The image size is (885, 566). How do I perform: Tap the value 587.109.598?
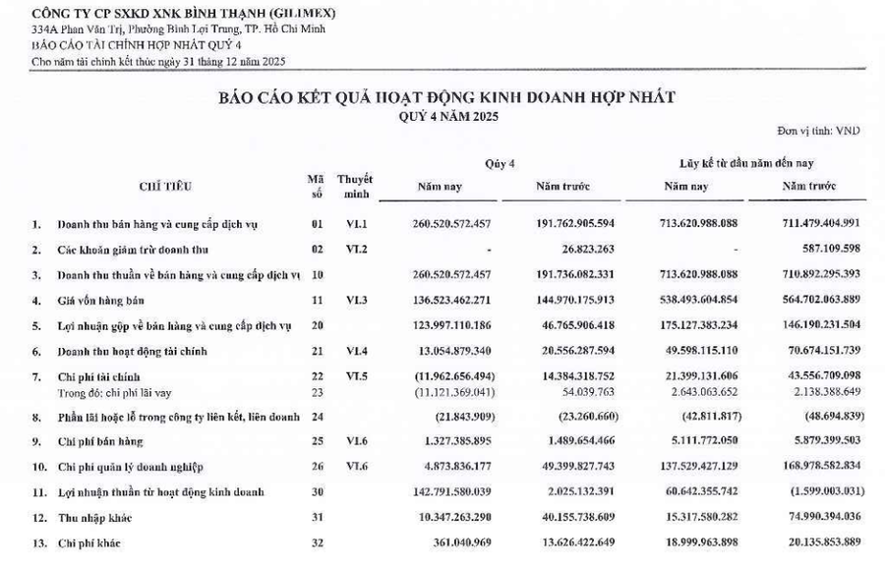coord(824,250)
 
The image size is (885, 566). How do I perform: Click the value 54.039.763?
coord(579,390)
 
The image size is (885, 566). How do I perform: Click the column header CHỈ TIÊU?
coord(165,185)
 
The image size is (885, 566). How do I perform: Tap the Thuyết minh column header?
coord(355,186)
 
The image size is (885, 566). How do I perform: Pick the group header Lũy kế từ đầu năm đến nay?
coord(745,162)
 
